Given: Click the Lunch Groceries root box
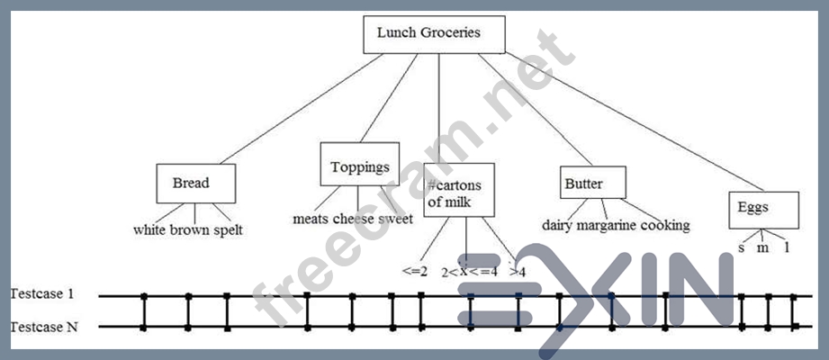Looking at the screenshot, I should click(x=434, y=34).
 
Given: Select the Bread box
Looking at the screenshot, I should click(x=195, y=184).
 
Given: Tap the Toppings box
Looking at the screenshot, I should click(x=360, y=166).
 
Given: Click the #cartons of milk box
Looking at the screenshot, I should click(x=459, y=191).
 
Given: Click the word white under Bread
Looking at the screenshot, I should click(x=151, y=229).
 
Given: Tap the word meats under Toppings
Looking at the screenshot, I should click(x=311, y=219).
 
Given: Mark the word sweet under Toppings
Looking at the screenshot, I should click(x=396, y=219).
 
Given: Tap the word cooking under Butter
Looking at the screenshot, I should click(x=666, y=225).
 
